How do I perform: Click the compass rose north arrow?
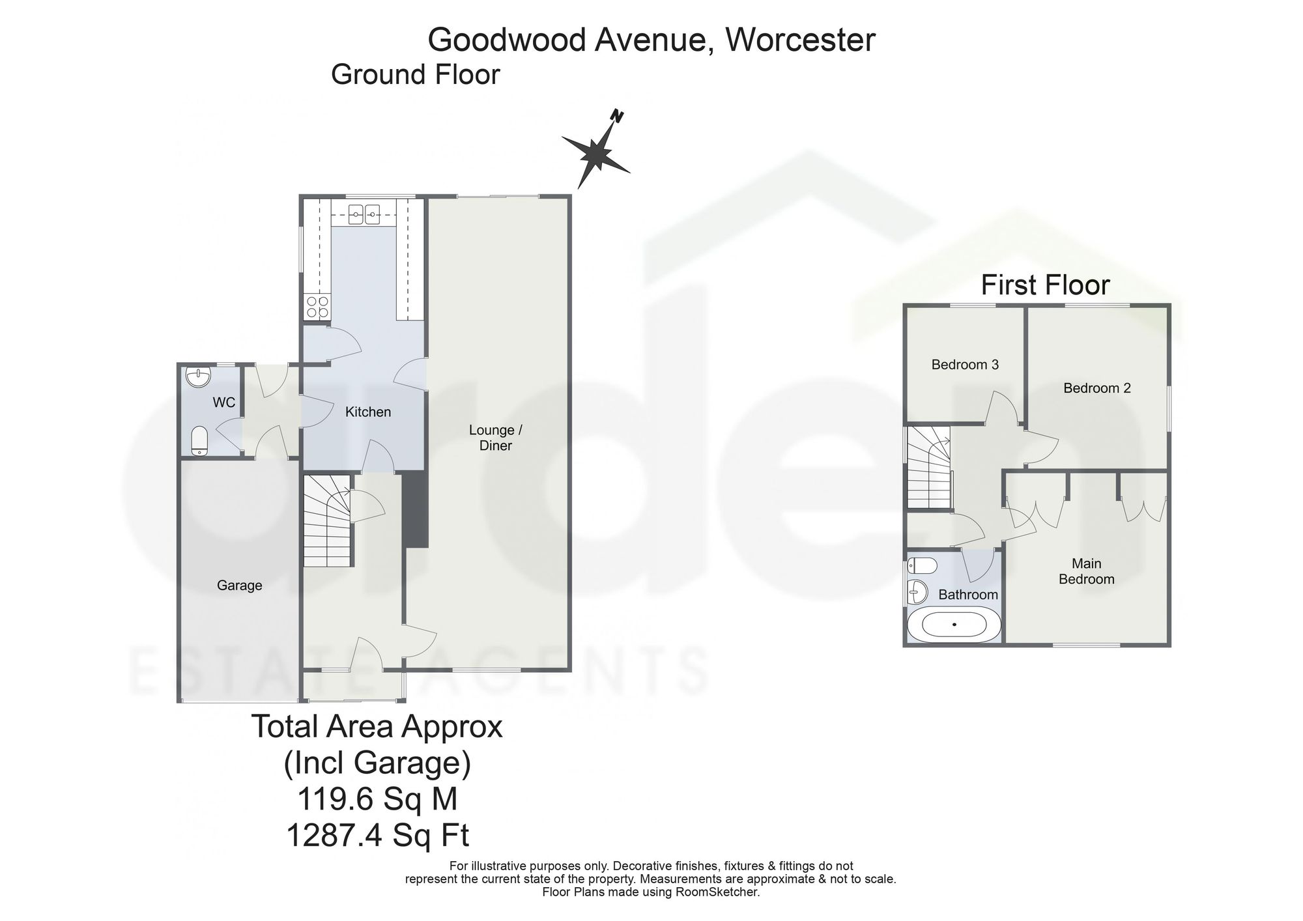[597, 154]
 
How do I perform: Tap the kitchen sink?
[364, 214]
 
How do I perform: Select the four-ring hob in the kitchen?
[317, 307]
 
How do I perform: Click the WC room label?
[224, 403]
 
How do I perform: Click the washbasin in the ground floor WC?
[197, 377]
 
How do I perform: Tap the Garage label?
[240, 586]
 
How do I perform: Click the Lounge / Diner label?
[496, 438]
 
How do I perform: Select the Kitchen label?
[368, 412]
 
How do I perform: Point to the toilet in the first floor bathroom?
[923, 565]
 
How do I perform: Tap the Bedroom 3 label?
[965, 365]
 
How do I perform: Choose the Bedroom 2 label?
[1097, 388]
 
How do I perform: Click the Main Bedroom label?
[1087, 571]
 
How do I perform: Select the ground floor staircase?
[327, 520]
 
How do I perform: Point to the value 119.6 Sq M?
[377, 799]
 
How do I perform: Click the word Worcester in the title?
[801, 40]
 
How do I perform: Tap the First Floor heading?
[1046, 285]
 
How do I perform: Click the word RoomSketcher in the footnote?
[721, 892]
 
